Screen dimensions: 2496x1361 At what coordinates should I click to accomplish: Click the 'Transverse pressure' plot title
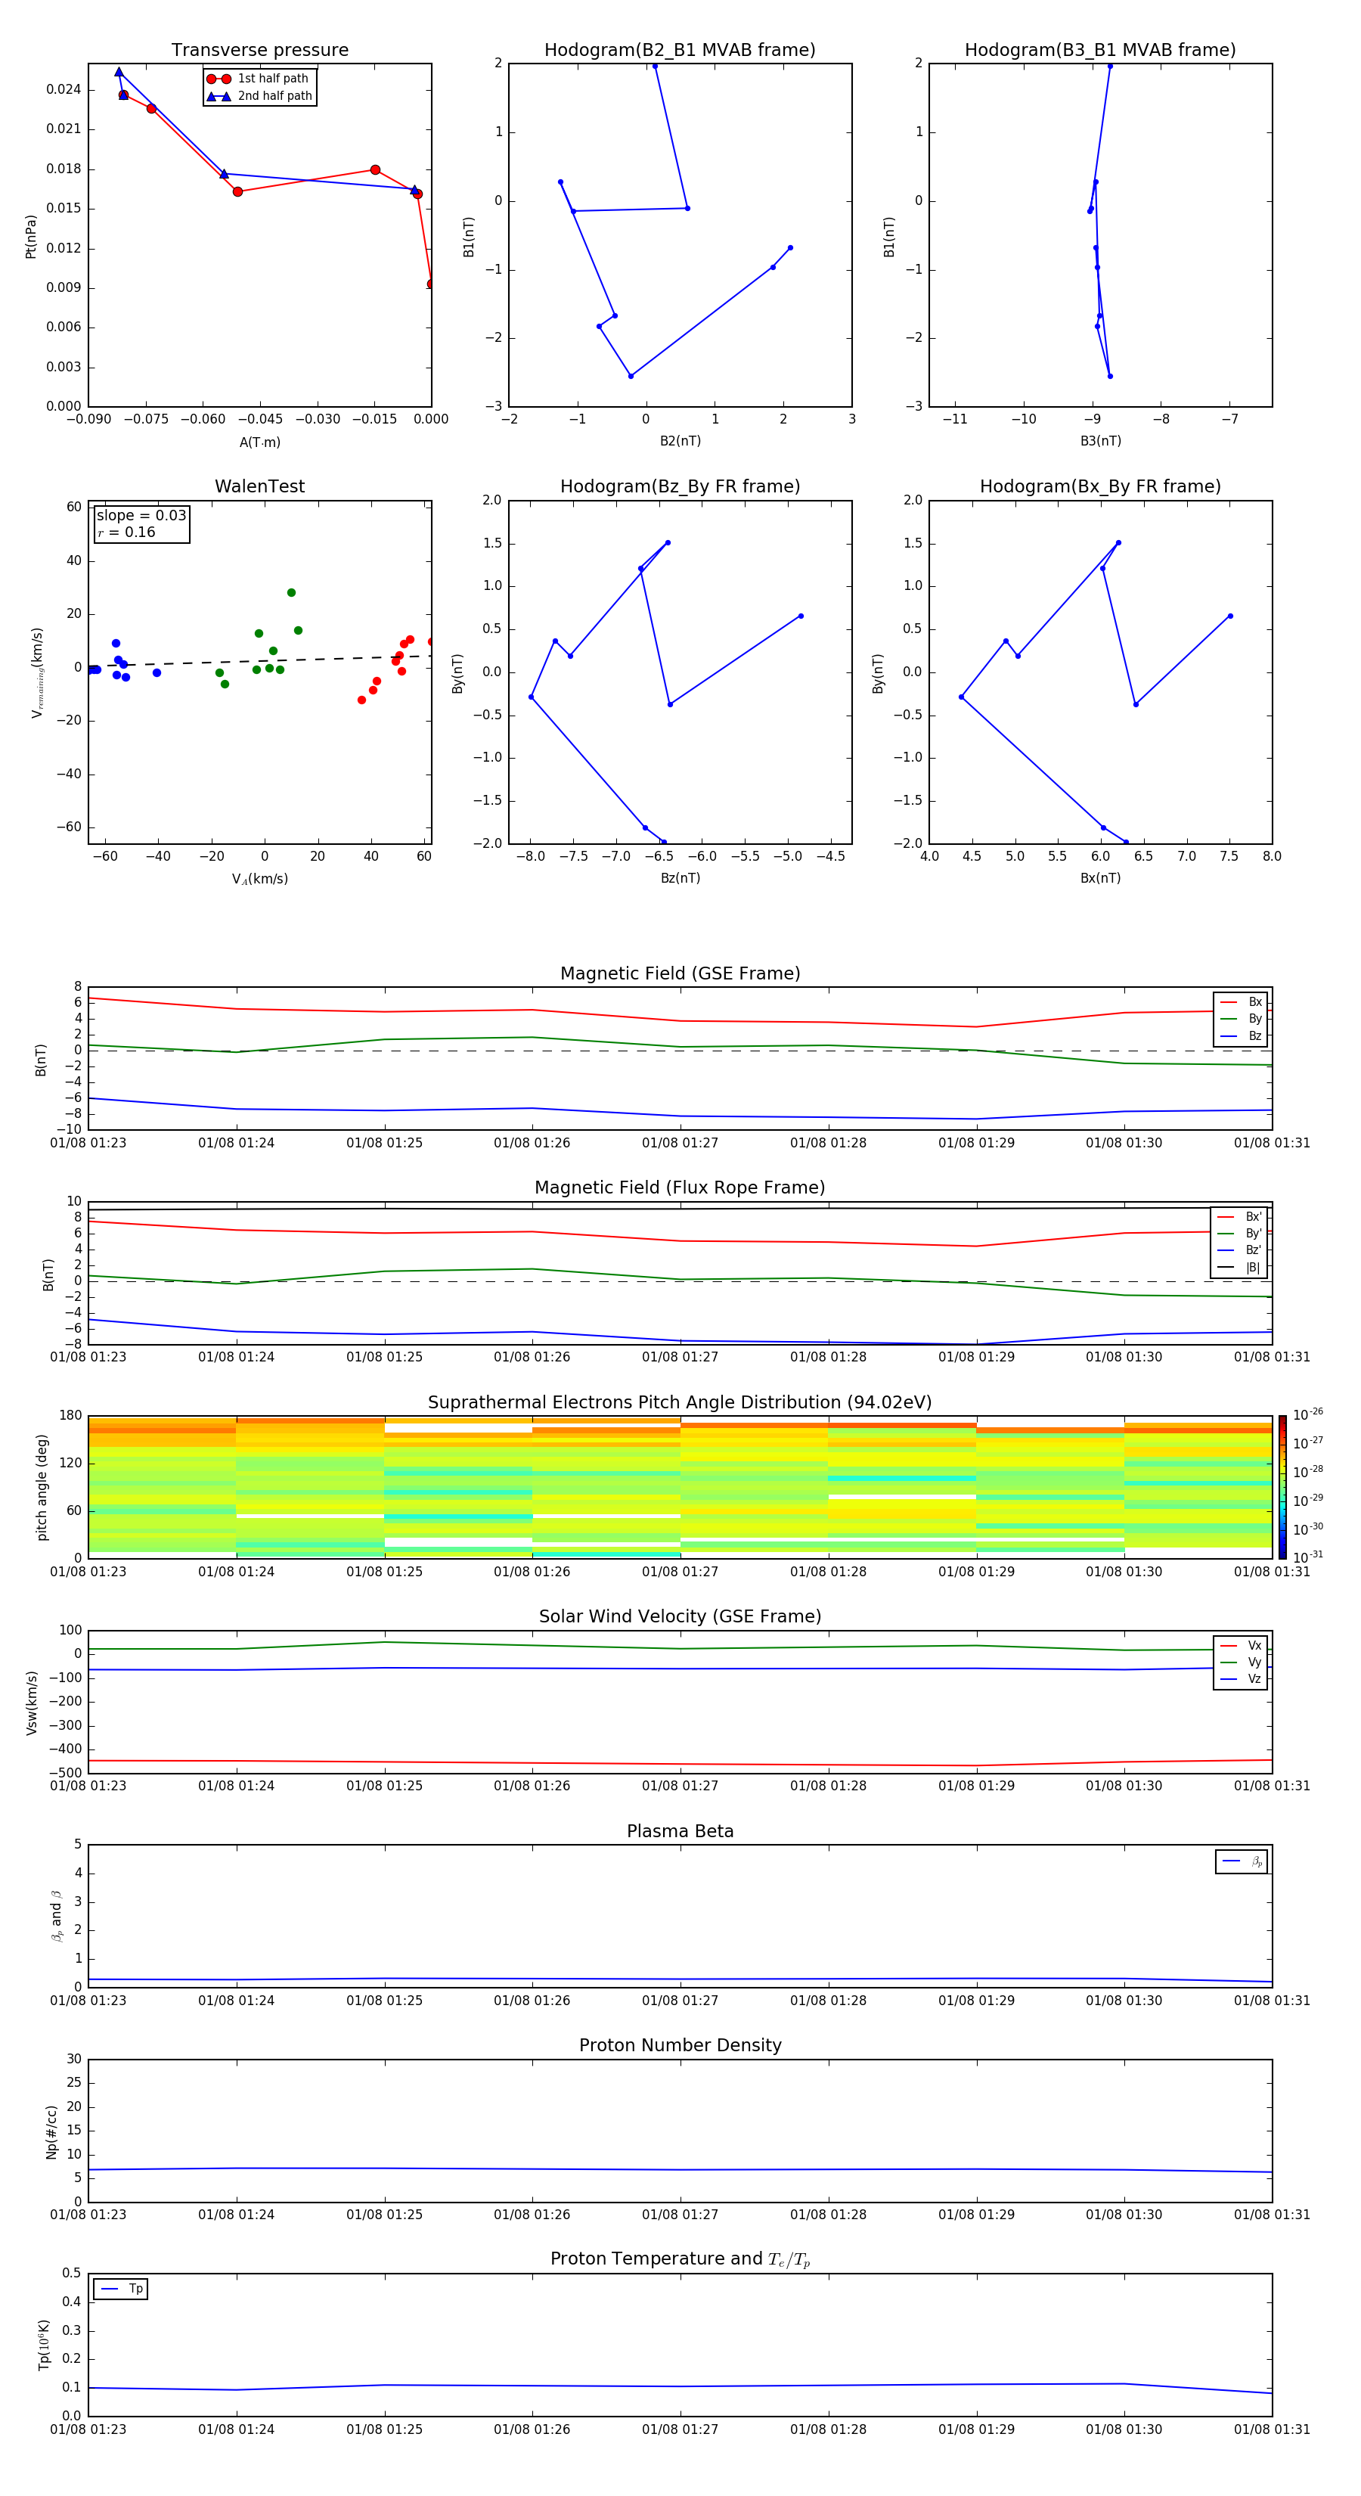(259, 51)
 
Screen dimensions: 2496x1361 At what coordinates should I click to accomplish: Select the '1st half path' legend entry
(272, 79)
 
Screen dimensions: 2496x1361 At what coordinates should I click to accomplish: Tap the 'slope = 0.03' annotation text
(141, 516)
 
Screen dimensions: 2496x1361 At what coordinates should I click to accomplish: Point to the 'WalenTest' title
(259, 486)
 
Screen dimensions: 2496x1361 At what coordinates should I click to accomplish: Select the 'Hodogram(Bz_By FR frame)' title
(680, 486)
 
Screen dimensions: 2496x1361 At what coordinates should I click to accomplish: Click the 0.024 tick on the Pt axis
(64, 90)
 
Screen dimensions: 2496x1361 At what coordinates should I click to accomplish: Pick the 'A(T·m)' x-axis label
(259, 442)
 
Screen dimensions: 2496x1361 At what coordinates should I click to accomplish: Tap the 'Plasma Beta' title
(680, 1831)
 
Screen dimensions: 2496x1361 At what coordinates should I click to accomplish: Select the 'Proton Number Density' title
(680, 2045)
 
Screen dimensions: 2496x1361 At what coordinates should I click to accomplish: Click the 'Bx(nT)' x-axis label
(1100, 878)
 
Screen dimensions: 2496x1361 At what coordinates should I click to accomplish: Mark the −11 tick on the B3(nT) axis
(955, 420)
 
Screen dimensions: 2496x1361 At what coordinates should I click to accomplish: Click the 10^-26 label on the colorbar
(1308, 1414)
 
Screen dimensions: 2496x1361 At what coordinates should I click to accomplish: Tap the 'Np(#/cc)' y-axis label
(51, 2131)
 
